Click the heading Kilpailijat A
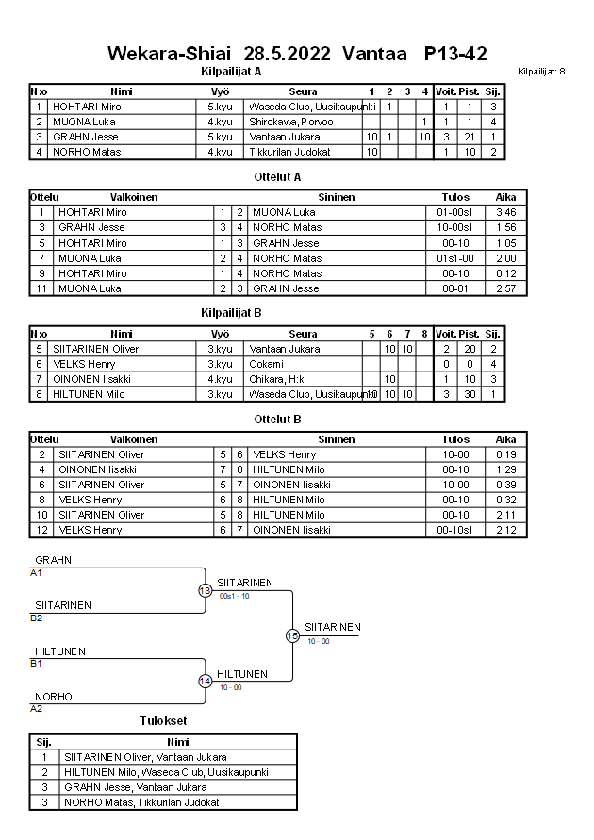tap(231, 71)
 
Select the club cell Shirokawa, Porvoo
tap(285, 122)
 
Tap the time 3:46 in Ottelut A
tap(506, 212)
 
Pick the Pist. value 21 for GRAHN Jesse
tap(464, 137)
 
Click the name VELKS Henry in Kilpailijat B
tap(84, 363)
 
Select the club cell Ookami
tap(265, 363)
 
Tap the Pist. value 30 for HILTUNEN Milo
tap(464, 393)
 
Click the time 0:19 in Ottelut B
tap(506, 453)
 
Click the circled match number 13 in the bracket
tap(205, 590)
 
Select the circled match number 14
tap(205, 682)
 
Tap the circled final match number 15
tap(292, 636)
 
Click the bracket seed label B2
tap(37, 618)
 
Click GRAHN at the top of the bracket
tap(53, 560)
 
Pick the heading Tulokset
tap(163, 720)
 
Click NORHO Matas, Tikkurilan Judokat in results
tap(140, 802)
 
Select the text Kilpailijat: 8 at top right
tap(541, 72)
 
